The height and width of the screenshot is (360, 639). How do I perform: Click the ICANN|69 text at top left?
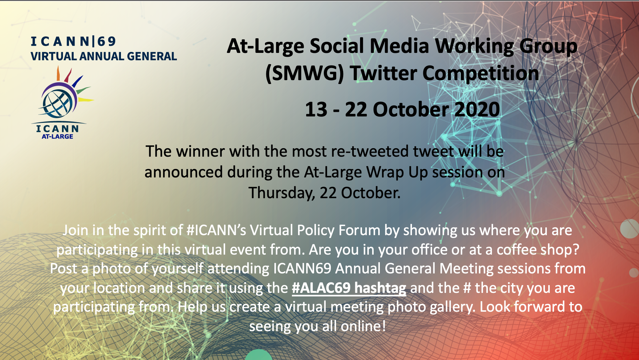pos(73,41)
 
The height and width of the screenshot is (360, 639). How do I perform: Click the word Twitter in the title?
pos(383,73)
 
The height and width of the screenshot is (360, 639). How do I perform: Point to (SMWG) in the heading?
pos(304,74)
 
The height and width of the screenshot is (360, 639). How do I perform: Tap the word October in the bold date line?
pos(410,109)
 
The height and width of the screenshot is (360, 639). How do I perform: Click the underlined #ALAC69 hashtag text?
pos(349,288)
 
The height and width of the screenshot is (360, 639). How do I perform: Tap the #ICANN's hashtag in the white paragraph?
pos(216,230)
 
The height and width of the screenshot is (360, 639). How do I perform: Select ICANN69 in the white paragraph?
pos(302,269)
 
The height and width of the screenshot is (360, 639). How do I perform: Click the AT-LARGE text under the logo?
pos(57,137)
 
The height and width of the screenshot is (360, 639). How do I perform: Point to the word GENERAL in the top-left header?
pos(152,56)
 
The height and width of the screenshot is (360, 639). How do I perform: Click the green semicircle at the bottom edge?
pos(259,355)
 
